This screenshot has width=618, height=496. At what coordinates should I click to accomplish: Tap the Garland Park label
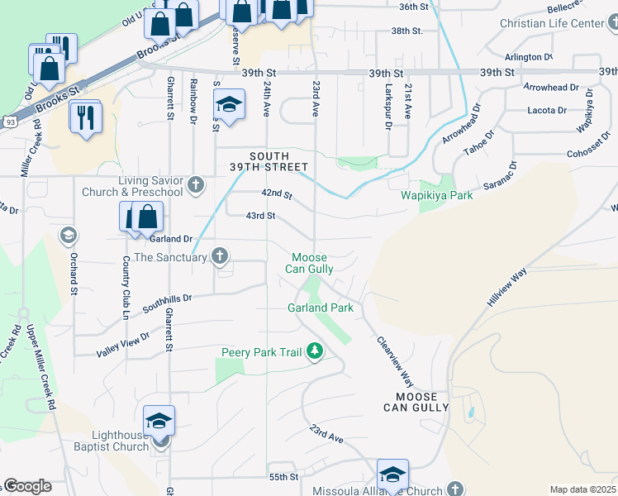tap(321, 308)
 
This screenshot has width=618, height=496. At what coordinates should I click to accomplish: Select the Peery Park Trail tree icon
tap(314, 352)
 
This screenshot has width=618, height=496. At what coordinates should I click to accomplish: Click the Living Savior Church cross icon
tap(195, 184)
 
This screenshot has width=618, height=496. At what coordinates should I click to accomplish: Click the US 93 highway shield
tap(10, 122)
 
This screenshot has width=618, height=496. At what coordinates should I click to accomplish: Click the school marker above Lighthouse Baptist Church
tap(159, 422)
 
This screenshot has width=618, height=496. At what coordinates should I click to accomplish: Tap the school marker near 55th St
tap(392, 475)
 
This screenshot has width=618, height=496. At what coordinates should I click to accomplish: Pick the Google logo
tap(27, 486)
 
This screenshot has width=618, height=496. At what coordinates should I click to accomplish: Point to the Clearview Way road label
tap(395, 361)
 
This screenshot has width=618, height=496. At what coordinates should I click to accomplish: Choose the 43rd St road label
tap(259, 216)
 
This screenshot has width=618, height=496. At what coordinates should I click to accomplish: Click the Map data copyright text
tap(583, 489)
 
